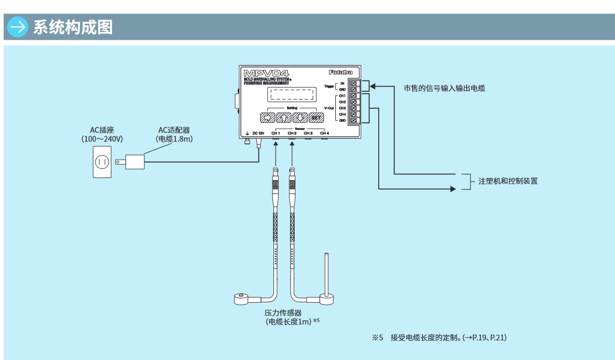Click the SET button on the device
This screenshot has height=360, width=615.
pyautogui.click(x=316, y=118)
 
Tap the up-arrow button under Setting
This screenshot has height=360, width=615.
pyautogui.click(x=284, y=118)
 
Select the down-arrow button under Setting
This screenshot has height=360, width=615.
pyautogui.click(x=300, y=118)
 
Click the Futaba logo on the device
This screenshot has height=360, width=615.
pyautogui.click(x=341, y=73)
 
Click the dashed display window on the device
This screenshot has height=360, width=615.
pyautogui.click(x=292, y=95)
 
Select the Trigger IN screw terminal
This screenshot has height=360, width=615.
pyautogui.click(x=353, y=83)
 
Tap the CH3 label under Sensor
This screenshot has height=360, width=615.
pyautogui.click(x=308, y=133)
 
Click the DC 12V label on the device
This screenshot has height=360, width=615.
pyautogui.click(x=258, y=133)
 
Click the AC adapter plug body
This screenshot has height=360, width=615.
pyautogui.click(x=135, y=162)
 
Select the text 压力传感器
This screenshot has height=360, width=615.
pyautogui.click(x=283, y=313)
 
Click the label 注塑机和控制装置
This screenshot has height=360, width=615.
pyautogui.click(x=508, y=181)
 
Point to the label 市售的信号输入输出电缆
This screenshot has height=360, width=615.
pyautogui.click(x=444, y=88)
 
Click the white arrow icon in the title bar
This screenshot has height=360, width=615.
pyautogui.click(x=18, y=27)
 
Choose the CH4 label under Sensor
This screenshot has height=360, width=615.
pyautogui.click(x=324, y=133)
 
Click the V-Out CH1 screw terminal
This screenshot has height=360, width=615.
pyautogui.click(x=353, y=96)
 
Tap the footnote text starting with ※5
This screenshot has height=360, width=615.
pyautogui.click(x=440, y=338)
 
